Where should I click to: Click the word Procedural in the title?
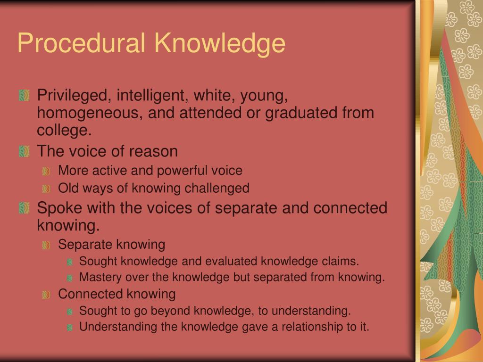click(x=83, y=43)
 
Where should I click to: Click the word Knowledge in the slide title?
click(x=220, y=43)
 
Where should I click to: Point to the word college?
click(x=64, y=131)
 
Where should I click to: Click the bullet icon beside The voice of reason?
click(x=24, y=152)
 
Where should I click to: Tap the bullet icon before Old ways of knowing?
click(x=46, y=189)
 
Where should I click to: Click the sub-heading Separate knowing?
click(x=111, y=245)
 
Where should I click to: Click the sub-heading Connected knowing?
click(x=117, y=294)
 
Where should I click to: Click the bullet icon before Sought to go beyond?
click(x=70, y=311)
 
